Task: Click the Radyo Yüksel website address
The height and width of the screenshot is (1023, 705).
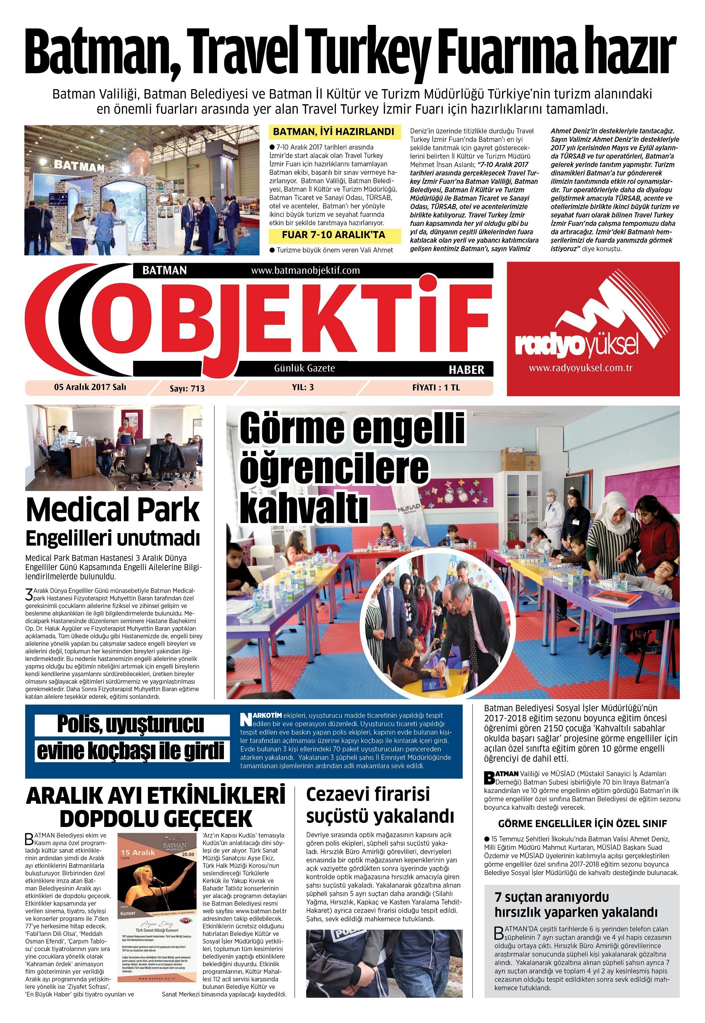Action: point(593,368)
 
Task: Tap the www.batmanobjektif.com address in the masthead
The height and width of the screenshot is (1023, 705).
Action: point(305,270)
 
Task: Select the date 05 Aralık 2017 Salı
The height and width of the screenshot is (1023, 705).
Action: point(90,387)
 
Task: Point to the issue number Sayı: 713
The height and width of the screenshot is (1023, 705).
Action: point(187,388)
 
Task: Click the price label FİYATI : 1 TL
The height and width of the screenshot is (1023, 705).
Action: point(436,387)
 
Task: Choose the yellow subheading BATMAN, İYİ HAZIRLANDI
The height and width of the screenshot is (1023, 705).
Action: point(333,132)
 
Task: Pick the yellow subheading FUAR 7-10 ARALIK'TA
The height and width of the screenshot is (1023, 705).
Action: point(333,235)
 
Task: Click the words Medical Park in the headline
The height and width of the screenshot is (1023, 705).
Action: point(113,510)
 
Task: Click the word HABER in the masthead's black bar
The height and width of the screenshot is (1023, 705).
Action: point(466,370)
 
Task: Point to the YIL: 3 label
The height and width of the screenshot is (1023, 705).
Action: point(303,387)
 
